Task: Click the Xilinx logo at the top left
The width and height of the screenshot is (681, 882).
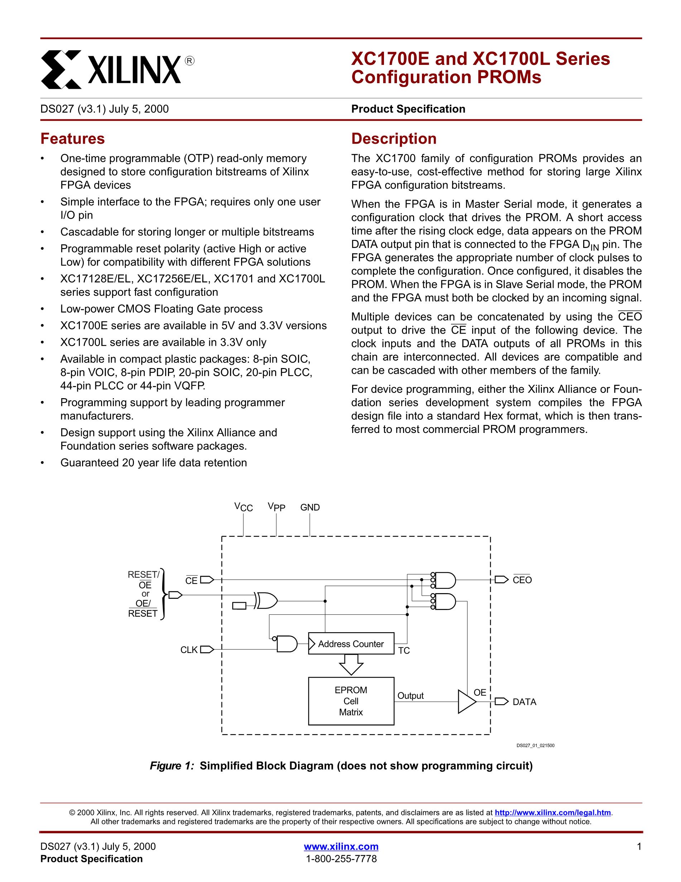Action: point(117,69)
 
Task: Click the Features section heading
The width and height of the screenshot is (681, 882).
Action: point(72,139)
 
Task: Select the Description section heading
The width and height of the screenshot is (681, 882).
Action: point(394,139)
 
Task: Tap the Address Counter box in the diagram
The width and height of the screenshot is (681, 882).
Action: point(351,644)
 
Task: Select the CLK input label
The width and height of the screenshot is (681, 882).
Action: point(188,650)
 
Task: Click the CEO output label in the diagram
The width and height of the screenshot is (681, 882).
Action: point(522,580)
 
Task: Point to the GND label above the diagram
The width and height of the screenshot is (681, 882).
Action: point(310,507)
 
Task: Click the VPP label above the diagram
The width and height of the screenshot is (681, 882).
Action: point(276,507)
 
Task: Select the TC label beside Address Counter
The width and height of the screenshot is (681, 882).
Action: point(404,650)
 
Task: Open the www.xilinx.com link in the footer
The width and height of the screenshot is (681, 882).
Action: point(341,847)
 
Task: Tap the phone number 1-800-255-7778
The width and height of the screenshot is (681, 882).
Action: point(341,859)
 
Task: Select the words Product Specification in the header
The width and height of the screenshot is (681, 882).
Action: point(408,109)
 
